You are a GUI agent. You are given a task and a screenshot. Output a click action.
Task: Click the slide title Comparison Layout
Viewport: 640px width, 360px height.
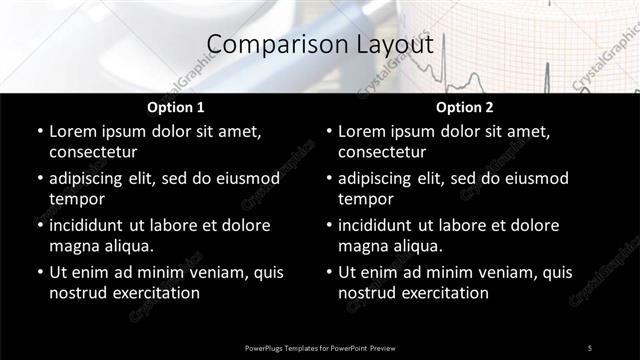pos(319,44)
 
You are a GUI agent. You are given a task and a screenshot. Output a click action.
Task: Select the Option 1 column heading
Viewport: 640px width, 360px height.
pos(176,107)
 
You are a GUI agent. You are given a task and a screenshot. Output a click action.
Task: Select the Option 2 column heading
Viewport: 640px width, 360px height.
pos(464,107)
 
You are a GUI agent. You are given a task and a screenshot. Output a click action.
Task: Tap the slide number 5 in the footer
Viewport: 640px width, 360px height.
pos(589,347)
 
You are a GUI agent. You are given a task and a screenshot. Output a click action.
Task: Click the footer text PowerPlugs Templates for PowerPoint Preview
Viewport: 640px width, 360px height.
pos(320,347)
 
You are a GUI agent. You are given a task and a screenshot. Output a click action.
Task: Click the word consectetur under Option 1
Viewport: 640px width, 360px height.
pos(93,152)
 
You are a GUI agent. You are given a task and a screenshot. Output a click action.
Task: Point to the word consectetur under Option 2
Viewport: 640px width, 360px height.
pos(382,152)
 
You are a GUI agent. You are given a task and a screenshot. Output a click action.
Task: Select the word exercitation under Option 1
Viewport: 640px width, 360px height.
pos(156,293)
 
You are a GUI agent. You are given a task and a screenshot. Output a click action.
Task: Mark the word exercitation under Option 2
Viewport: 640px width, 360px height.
pos(445,293)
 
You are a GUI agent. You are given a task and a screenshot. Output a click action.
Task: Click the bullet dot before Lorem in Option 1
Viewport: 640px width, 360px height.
pos(39,132)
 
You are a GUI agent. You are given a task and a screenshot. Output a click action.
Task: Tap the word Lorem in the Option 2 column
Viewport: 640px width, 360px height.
pos(362,131)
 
